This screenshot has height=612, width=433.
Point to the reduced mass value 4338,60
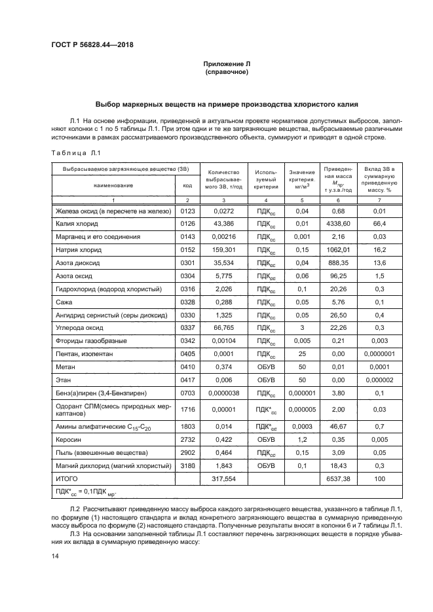338,224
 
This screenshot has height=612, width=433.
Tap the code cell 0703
188,392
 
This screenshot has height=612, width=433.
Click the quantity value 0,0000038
224,392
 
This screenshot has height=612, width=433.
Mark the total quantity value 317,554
224,479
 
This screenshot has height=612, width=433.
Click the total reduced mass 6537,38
338,479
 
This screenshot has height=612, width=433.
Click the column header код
188,185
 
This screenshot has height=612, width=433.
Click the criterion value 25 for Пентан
302,353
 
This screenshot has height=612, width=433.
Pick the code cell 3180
188,466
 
